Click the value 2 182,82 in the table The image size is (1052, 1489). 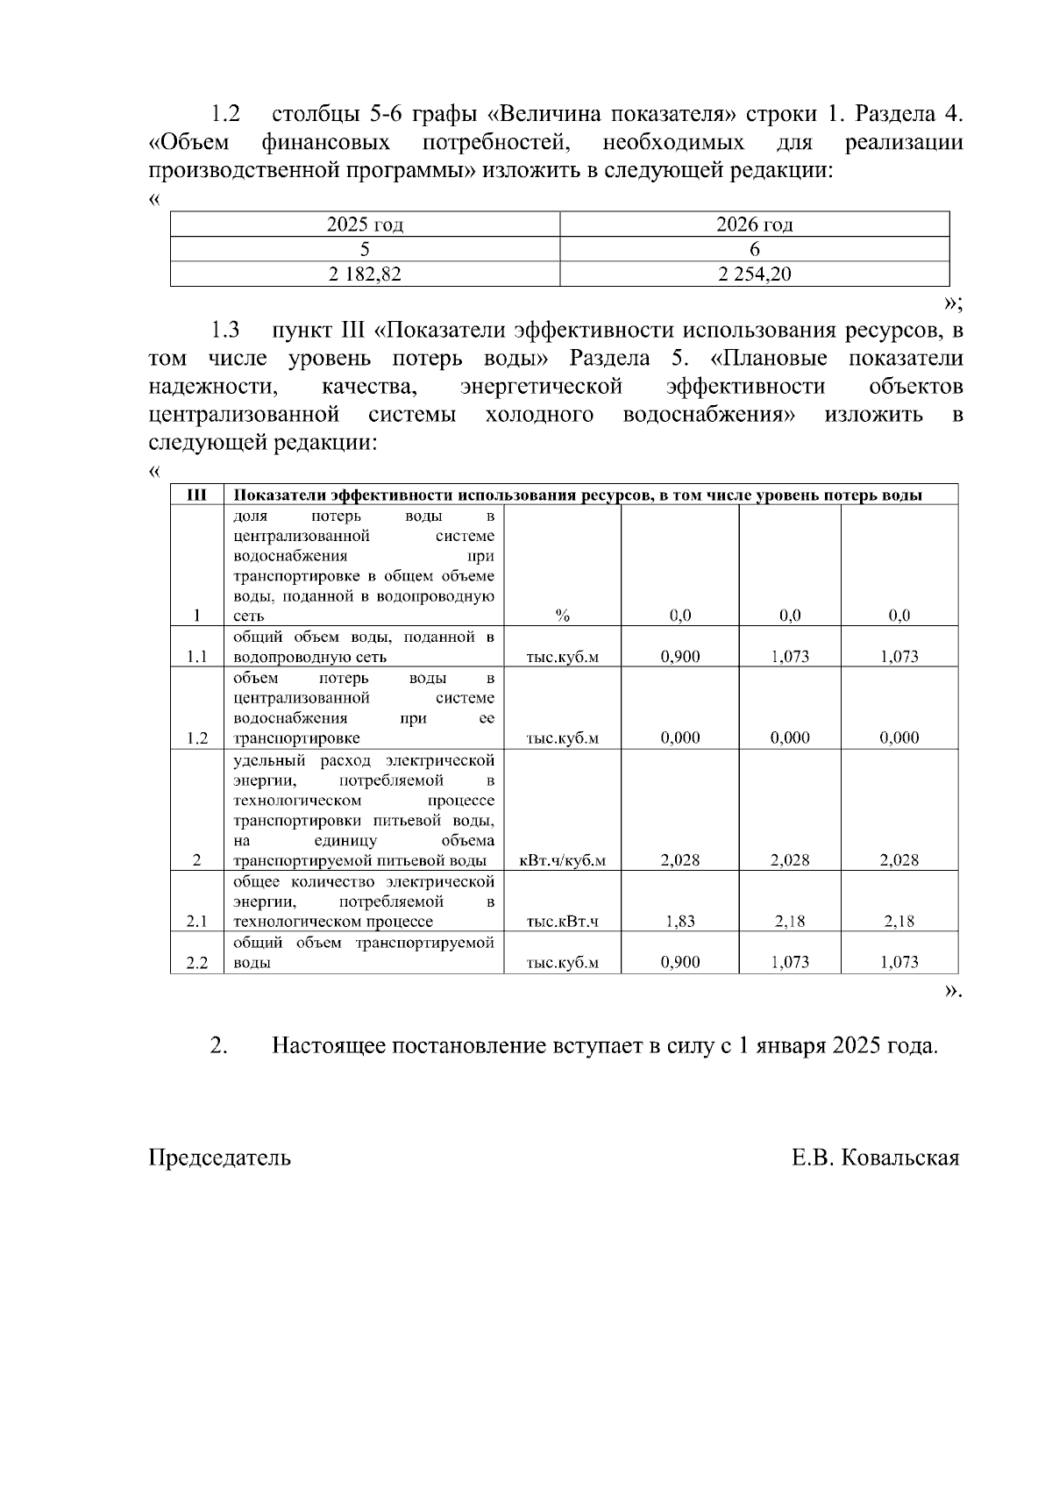(x=365, y=274)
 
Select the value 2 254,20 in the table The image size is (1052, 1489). (x=754, y=274)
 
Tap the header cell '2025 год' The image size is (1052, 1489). (x=365, y=224)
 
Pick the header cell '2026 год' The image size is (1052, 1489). (x=754, y=224)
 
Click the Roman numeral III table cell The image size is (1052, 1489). (x=197, y=495)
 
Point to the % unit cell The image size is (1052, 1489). (x=563, y=616)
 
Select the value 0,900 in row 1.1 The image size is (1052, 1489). (x=679, y=656)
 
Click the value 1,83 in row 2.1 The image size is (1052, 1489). (x=679, y=921)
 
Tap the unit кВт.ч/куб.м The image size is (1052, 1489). (x=563, y=860)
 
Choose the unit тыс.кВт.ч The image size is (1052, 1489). (x=563, y=921)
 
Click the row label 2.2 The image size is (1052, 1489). (x=197, y=962)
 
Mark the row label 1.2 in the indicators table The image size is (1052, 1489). (x=197, y=737)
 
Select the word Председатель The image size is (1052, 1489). (x=220, y=1158)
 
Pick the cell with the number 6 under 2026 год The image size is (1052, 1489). (x=754, y=249)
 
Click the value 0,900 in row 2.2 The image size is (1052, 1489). (x=679, y=962)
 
